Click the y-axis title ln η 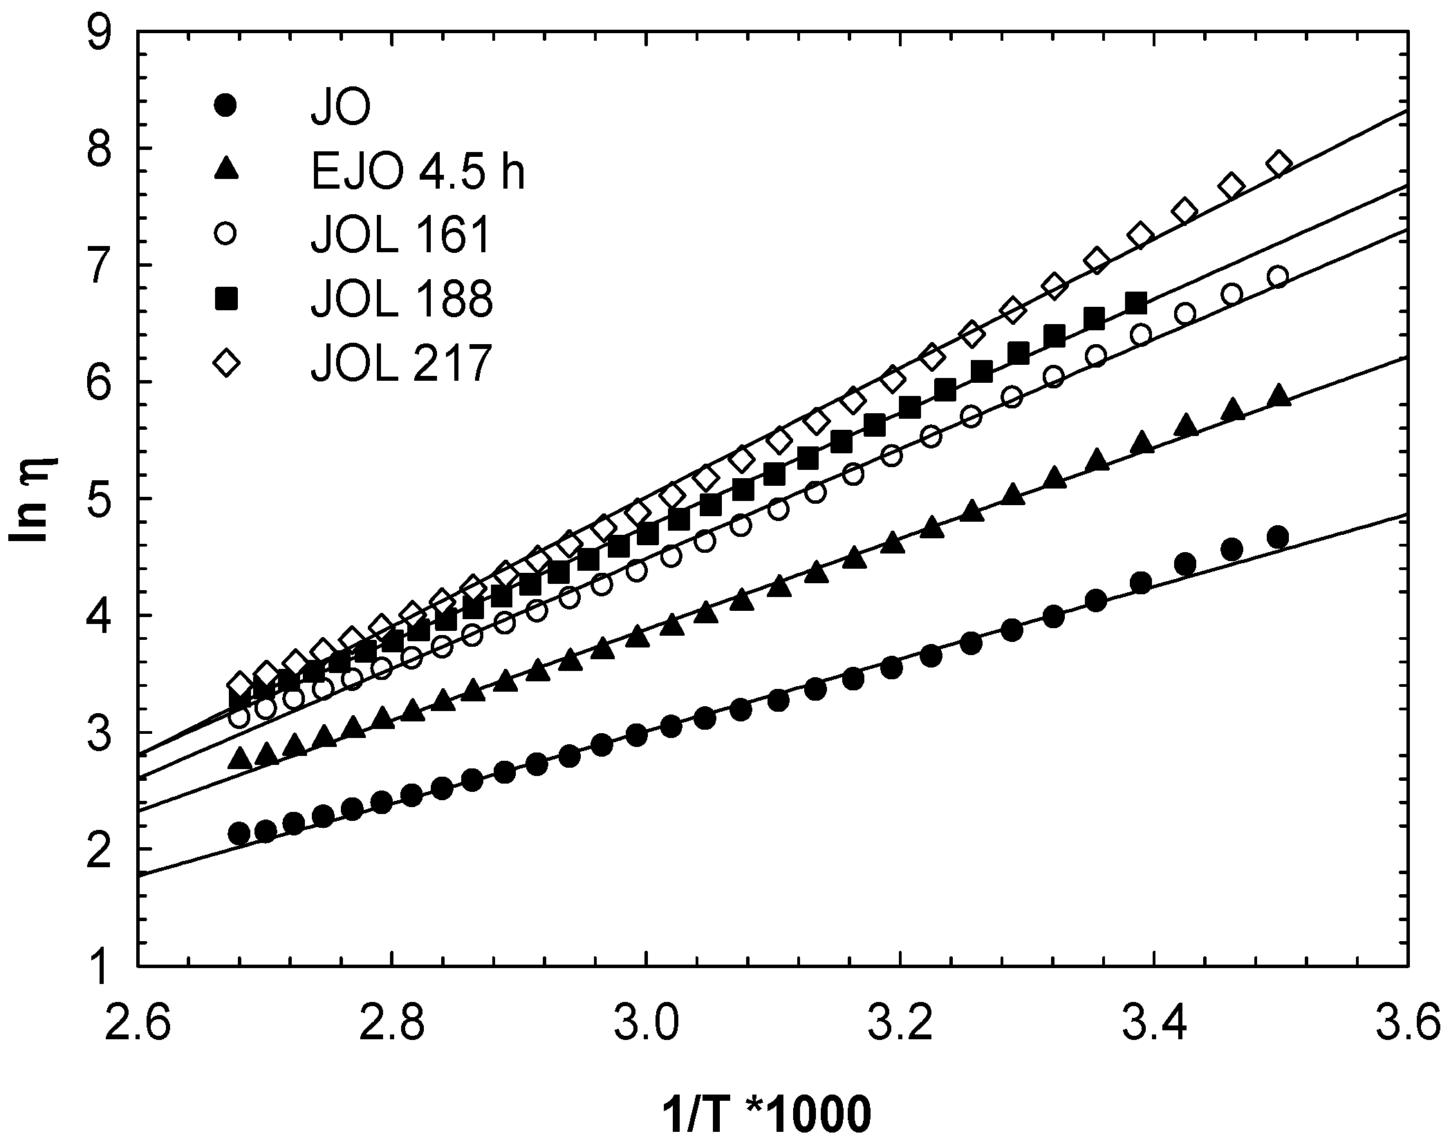pyautogui.click(x=33, y=500)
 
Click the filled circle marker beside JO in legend pyautogui.click(x=225, y=106)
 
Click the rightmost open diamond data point pyautogui.click(x=1279, y=163)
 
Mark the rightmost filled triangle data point pyautogui.click(x=1279, y=396)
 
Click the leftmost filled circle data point pyautogui.click(x=239, y=833)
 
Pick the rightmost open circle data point pyautogui.click(x=1279, y=277)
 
